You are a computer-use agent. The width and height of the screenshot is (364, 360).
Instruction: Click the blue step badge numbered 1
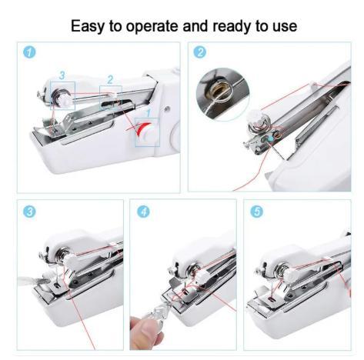28,53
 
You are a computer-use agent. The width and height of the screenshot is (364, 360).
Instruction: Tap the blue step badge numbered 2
200,53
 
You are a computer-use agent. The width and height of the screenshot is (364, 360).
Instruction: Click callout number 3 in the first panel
62,75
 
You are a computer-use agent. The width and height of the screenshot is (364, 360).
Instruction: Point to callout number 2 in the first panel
110,79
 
